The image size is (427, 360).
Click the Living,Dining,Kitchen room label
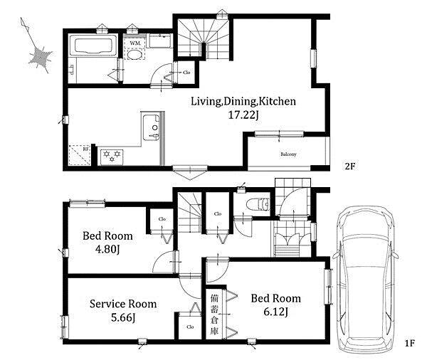pos(243,101)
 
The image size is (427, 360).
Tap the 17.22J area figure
pos(243,115)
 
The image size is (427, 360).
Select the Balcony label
pos(288,154)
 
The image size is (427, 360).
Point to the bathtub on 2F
pos(93,46)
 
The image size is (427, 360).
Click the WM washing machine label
pos(135,43)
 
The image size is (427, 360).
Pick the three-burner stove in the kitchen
pos(112,157)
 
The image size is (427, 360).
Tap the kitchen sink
pos(151,127)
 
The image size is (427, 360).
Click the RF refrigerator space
pos(79,155)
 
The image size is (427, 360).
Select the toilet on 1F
pos(258,204)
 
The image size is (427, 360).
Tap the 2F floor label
pos(350,166)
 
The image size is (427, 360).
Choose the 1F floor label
pos(409,343)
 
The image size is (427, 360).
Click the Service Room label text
pos(123,304)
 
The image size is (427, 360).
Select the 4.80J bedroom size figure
pos(107,250)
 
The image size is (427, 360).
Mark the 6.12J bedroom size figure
pos(275,312)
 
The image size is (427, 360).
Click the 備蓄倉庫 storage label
pos(214,314)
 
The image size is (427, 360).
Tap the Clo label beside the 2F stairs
pos(186,73)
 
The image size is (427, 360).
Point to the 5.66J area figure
pos(123,317)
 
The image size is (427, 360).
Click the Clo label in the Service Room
pos(190,327)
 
